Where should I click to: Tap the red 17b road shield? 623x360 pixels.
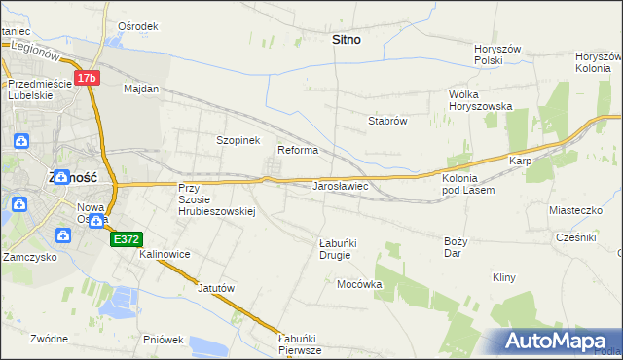(x=87, y=77)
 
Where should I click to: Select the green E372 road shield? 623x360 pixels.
(x=127, y=238)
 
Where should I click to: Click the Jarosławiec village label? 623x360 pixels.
(x=339, y=184)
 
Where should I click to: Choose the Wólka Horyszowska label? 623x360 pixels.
(x=480, y=100)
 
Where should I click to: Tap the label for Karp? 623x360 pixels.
(x=518, y=161)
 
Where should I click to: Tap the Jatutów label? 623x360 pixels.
(x=216, y=288)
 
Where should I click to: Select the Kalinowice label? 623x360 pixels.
(x=165, y=254)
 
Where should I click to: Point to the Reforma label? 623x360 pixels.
(x=298, y=150)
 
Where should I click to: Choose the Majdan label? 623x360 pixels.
(x=141, y=89)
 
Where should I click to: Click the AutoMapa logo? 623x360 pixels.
(x=559, y=342)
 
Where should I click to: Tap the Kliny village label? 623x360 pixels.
(x=503, y=277)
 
